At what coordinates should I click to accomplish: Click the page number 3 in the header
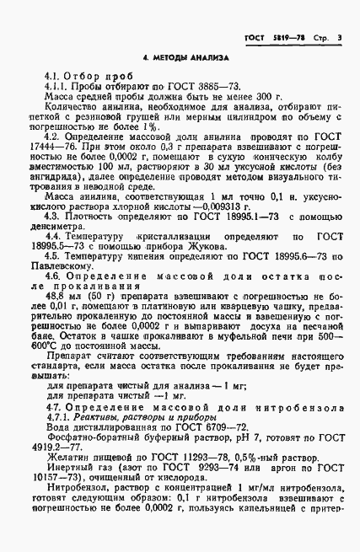(337, 38)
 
